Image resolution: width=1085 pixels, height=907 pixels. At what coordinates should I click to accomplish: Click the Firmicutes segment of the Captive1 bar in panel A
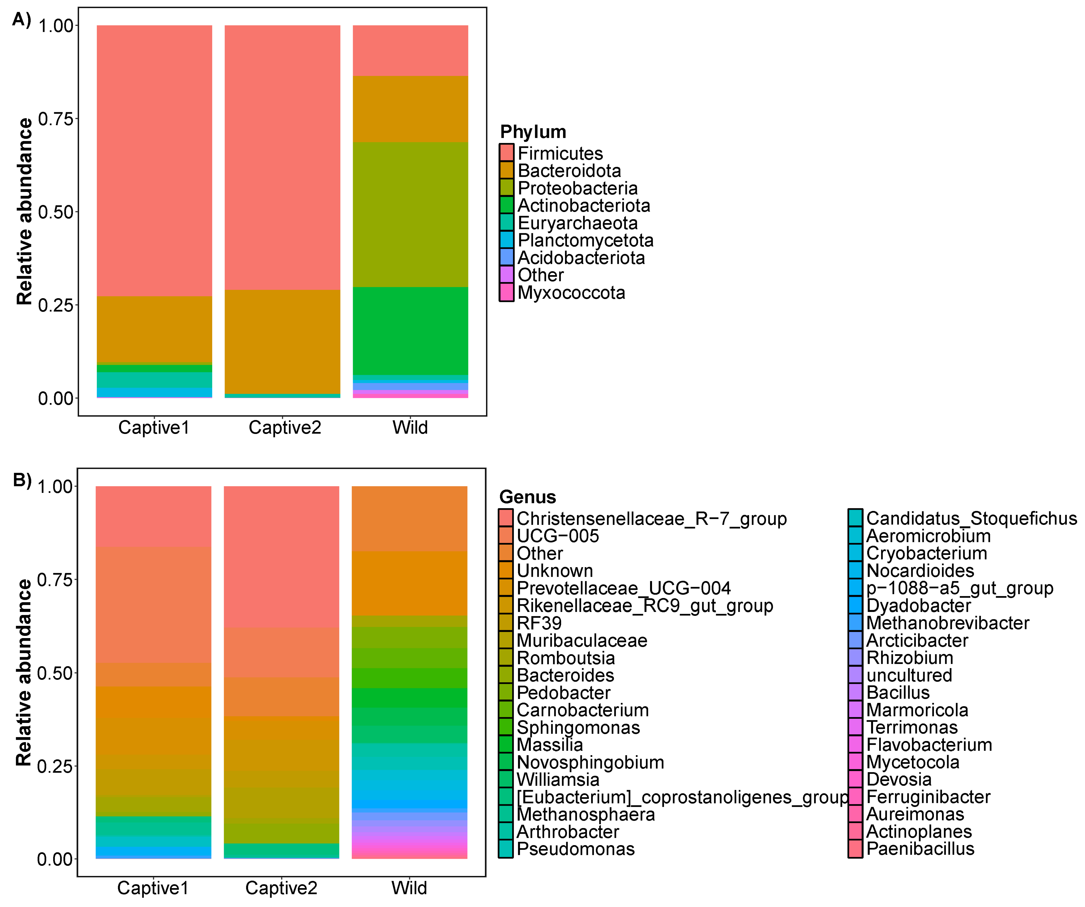pos(154,160)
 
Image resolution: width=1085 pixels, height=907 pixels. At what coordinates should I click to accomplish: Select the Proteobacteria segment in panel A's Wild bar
pos(410,214)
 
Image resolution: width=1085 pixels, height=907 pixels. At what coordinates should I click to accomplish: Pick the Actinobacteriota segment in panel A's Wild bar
pos(410,331)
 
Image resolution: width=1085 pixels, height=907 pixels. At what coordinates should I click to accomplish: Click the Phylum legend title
pos(533,132)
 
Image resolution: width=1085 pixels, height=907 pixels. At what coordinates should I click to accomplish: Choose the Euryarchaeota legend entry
pos(577,223)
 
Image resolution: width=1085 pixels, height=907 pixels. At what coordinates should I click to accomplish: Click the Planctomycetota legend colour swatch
pos(506,240)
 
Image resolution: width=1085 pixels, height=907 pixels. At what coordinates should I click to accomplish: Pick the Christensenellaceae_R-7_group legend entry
pos(651,519)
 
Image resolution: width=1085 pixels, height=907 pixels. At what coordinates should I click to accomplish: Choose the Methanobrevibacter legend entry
pos(947,623)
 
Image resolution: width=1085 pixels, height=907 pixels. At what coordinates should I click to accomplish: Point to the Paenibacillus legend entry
pos(920,849)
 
